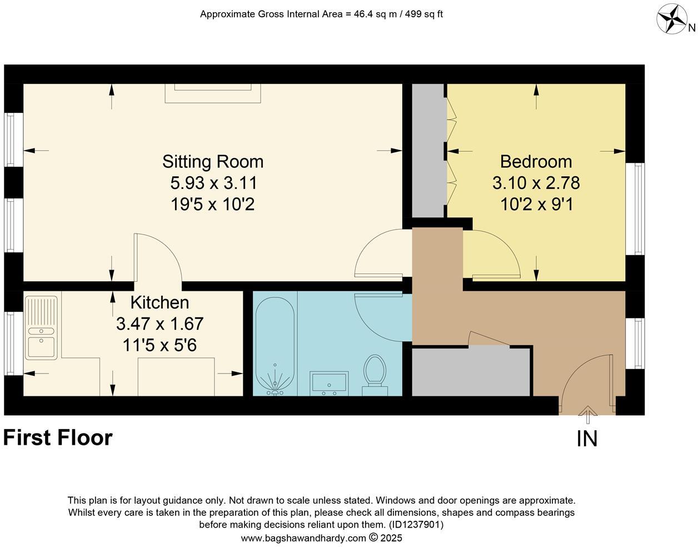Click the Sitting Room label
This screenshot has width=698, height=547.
click(x=213, y=162)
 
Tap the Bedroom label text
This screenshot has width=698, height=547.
click(x=536, y=162)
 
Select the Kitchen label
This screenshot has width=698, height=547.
click(x=159, y=302)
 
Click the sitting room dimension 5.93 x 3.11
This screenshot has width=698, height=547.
click(x=214, y=183)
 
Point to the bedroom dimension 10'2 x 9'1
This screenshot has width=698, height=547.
click(x=536, y=205)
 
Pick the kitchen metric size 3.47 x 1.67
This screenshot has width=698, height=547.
click(x=159, y=324)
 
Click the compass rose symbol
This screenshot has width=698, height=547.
click(x=672, y=19)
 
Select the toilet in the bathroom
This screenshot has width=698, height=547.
click(x=375, y=374)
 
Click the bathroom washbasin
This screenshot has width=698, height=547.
click(x=329, y=384)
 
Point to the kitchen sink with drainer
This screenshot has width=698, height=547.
click(x=41, y=327)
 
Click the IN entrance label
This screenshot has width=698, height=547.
click(x=587, y=439)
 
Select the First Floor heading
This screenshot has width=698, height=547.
click(x=58, y=438)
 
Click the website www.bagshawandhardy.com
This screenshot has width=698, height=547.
click(x=303, y=538)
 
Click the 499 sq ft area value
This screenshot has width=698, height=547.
click(x=423, y=14)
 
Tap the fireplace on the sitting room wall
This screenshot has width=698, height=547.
click(x=213, y=93)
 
